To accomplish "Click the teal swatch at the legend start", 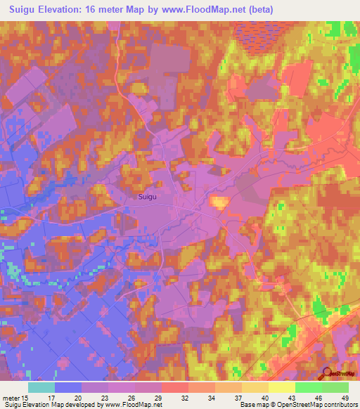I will point(41,387).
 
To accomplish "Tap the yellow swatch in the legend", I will point(281,387).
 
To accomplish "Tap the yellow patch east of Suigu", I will point(220,202).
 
